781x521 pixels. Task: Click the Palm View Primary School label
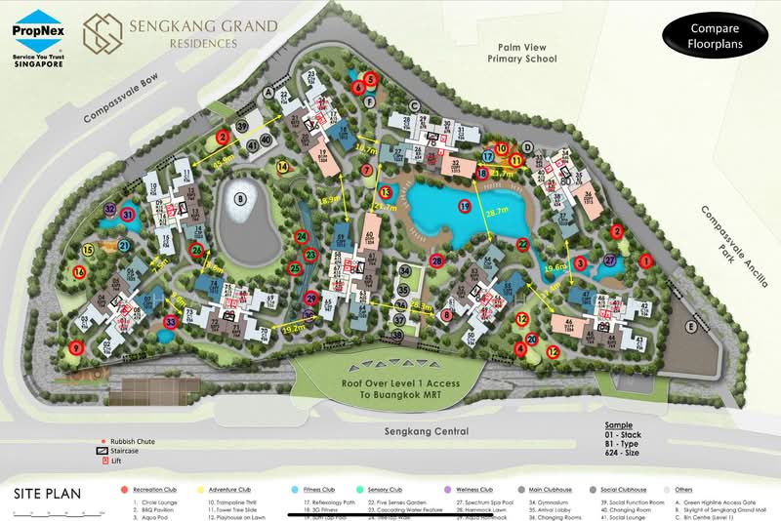pos(522,52)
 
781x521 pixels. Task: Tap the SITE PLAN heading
pos(48,494)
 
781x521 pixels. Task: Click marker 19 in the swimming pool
pos(465,207)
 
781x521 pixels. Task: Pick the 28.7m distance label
pos(499,212)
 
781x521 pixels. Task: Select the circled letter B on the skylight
pos(238,202)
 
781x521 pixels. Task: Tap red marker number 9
pos(76,347)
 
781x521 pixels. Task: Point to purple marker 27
pos(610,260)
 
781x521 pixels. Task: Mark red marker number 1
pos(644,260)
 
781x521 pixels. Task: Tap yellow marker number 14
pos(283,167)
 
